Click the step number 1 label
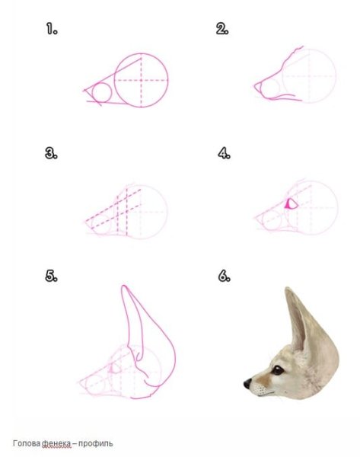click(x=52, y=30)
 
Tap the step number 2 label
click(x=222, y=29)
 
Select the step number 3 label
click(x=51, y=153)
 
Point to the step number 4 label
click(x=224, y=153)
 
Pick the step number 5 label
click(x=51, y=276)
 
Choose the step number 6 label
click(x=224, y=276)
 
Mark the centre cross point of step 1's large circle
click(x=142, y=80)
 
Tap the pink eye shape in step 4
click(x=291, y=203)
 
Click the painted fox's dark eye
click(x=277, y=370)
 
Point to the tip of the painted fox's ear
click(x=288, y=289)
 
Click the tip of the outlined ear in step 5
click(x=124, y=286)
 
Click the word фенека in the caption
click(x=56, y=444)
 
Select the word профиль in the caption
click(x=96, y=444)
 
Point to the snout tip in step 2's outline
click(x=255, y=85)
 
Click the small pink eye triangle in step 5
click(x=111, y=369)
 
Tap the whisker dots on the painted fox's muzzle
click(x=261, y=389)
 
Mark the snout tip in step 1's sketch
click(x=84, y=91)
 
